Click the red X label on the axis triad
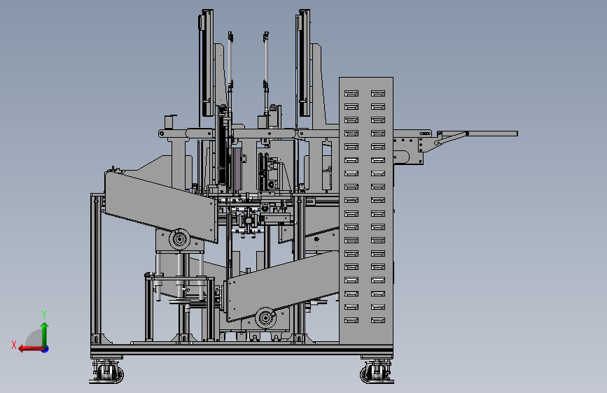point(14,345)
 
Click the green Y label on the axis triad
point(44,315)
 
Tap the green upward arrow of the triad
point(45,334)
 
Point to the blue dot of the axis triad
point(46,349)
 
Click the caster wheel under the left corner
point(107,373)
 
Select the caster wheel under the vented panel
point(376,373)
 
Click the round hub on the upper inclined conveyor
point(179,239)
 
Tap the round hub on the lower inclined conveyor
point(265,318)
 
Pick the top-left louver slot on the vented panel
point(351,93)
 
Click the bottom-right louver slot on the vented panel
point(378,320)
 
